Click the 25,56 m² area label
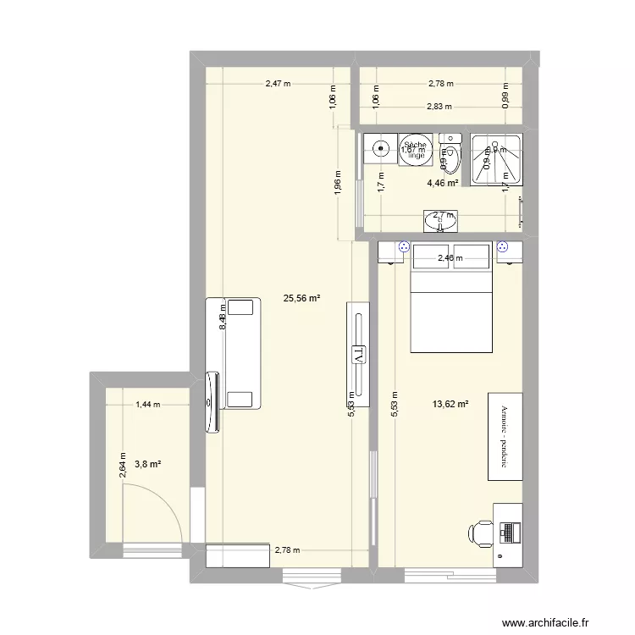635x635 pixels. pyautogui.click(x=301, y=298)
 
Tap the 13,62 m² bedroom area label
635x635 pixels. pyautogui.click(x=450, y=405)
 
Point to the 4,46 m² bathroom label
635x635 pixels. pyautogui.click(x=443, y=183)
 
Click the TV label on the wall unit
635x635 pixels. pyautogui.click(x=359, y=354)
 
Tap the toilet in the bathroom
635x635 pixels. pyautogui.click(x=452, y=157)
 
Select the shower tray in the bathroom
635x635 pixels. pyautogui.click(x=496, y=158)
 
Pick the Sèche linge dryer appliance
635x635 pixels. pyautogui.click(x=415, y=149)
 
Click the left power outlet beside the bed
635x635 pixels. pyautogui.click(x=404, y=248)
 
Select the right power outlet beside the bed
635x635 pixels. pyautogui.click(x=503, y=248)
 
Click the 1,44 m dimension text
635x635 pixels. pyautogui.click(x=147, y=406)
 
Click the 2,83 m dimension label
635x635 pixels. pyautogui.click(x=439, y=107)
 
